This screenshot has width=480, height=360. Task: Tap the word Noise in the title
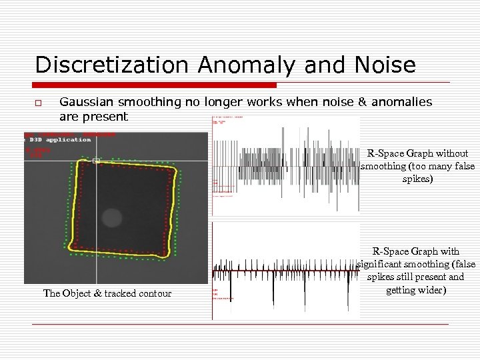coord(383,65)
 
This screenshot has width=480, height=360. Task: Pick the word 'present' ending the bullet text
coord(107,116)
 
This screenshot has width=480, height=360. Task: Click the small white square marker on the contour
coord(96,160)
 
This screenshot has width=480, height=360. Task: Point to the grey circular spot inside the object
coord(112,217)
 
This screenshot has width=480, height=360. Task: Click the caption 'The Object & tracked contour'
coord(107,293)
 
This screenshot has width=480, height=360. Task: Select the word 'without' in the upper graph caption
coord(453,153)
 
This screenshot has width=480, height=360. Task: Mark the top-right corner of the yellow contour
coord(176,171)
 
